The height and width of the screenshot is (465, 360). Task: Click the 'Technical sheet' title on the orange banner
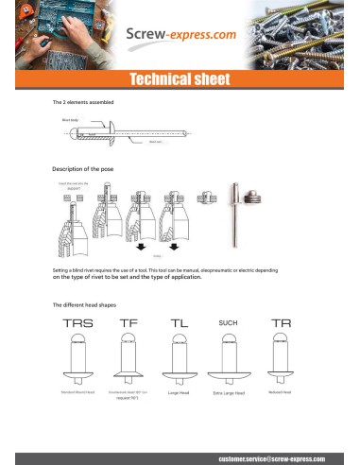click(180, 78)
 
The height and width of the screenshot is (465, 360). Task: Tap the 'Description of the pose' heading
click(88, 168)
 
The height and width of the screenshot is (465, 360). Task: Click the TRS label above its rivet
click(78, 323)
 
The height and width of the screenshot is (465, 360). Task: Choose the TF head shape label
click(129, 323)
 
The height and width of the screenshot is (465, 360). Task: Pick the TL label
click(180, 323)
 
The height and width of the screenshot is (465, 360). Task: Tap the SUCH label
click(228, 323)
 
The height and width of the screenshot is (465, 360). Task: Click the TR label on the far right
click(280, 323)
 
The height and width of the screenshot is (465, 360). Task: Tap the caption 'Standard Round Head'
click(79, 390)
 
